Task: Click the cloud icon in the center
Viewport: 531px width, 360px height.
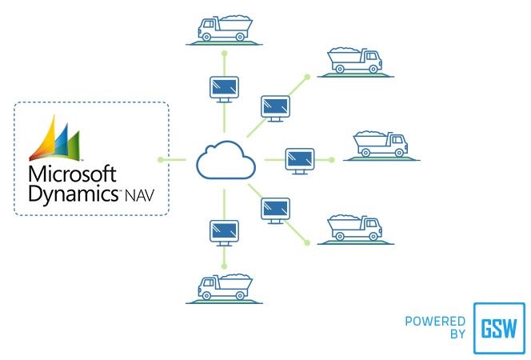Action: (226, 160)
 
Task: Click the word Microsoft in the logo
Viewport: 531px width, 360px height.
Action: (72, 174)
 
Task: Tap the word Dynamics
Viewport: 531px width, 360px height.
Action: (74, 193)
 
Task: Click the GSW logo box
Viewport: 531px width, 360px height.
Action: (499, 328)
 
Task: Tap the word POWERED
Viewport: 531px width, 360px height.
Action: (435, 322)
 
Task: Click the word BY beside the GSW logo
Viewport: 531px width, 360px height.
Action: (457, 334)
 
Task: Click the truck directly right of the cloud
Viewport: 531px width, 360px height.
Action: (381, 145)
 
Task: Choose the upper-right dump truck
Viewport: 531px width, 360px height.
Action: (356, 62)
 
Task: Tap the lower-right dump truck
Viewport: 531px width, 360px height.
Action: (355, 227)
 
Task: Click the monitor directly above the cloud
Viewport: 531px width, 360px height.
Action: (224, 87)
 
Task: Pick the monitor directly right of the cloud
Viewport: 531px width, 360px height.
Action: (301, 159)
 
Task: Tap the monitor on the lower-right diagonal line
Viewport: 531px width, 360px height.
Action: (276, 210)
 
